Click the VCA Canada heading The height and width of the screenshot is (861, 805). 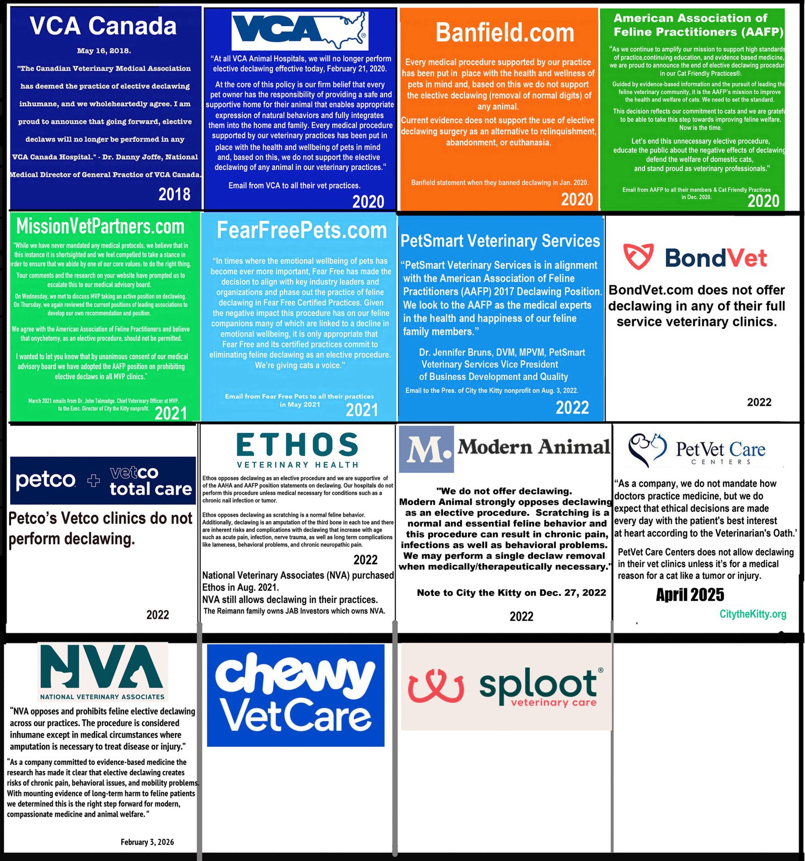(x=103, y=26)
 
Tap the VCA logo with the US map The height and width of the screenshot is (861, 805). (x=300, y=31)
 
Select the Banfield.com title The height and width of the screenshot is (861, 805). (x=505, y=33)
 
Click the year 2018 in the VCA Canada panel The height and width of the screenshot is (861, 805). (x=174, y=194)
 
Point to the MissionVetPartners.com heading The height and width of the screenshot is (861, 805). (x=101, y=227)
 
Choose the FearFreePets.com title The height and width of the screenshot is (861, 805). (x=301, y=231)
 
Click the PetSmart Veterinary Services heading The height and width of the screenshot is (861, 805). (x=500, y=241)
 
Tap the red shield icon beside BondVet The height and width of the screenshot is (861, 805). (x=638, y=257)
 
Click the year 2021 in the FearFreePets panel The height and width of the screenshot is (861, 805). (x=362, y=410)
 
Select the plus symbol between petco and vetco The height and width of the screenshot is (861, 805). (x=94, y=481)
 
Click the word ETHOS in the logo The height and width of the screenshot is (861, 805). (x=297, y=445)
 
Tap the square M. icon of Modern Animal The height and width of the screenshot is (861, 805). (x=427, y=449)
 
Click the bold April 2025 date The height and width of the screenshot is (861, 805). (x=690, y=595)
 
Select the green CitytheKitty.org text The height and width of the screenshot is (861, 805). (x=753, y=614)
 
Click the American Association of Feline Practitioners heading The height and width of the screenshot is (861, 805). (x=698, y=25)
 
